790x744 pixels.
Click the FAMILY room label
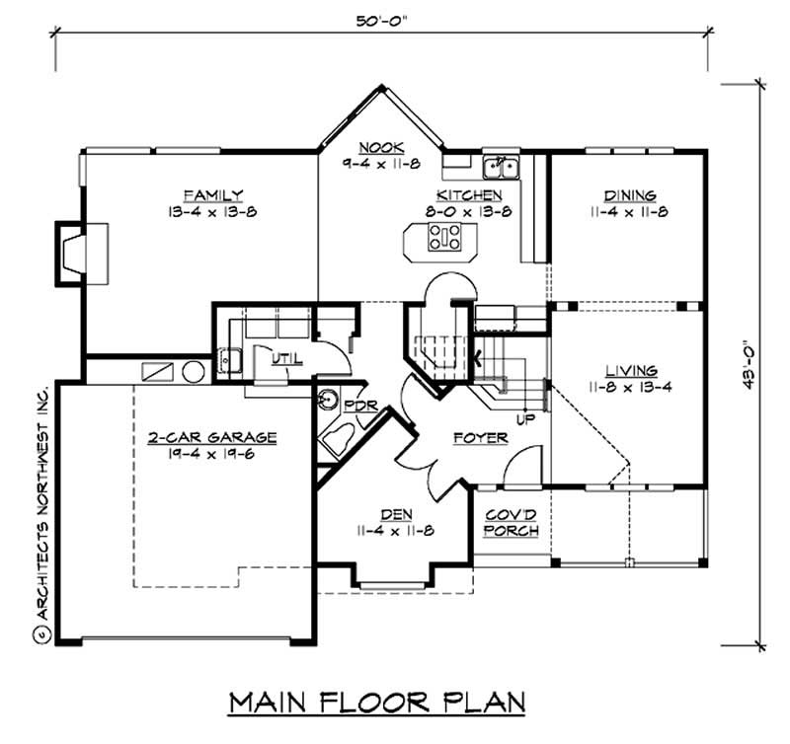213,195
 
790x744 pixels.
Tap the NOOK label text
381,147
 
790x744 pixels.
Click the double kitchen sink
501,168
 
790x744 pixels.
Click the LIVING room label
631,371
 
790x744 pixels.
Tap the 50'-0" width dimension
381,21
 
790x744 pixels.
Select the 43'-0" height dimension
750,366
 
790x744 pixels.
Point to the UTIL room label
287,358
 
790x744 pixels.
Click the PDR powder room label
360,406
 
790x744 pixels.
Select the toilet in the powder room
338,438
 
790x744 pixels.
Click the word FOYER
481,437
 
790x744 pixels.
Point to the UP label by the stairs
525,418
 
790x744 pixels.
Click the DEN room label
396,514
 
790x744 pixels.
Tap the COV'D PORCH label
511,523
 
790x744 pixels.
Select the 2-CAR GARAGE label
212,437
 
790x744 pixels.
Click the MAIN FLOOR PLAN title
377,703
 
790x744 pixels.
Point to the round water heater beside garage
194,372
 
